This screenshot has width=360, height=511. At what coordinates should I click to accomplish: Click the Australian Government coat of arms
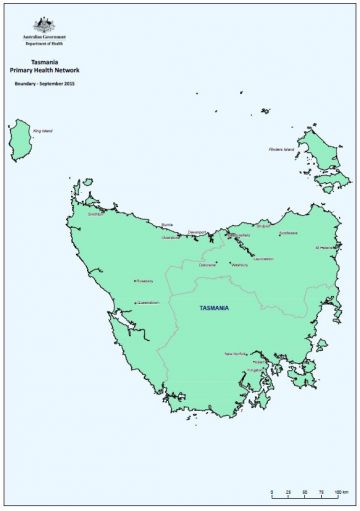(43, 24)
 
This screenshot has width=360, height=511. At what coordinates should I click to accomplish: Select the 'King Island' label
(42, 130)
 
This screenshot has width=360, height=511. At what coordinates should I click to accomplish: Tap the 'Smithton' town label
(96, 213)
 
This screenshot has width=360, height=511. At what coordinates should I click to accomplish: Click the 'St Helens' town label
(325, 247)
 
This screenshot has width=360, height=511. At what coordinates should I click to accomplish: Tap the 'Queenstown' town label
(147, 300)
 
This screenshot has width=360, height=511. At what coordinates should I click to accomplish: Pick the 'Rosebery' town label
(144, 281)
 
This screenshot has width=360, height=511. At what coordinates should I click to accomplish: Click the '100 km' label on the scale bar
(340, 493)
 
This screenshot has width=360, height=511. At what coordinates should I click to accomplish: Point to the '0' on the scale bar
(273, 493)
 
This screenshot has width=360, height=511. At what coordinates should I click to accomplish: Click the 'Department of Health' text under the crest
(43, 44)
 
